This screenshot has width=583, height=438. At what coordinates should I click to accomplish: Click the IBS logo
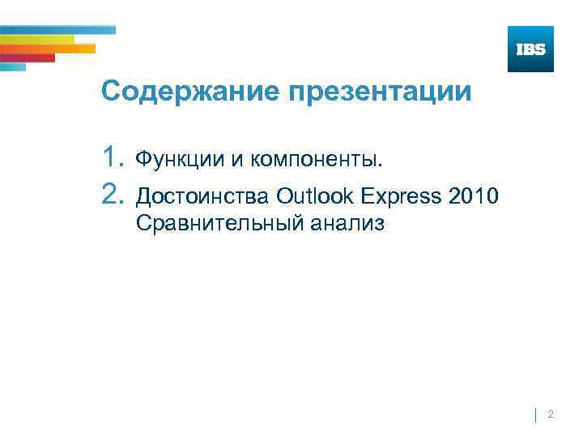[x=530, y=49]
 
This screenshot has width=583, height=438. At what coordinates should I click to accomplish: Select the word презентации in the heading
[x=378, y=92]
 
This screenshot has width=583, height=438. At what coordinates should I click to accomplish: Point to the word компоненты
[x=317, y=159]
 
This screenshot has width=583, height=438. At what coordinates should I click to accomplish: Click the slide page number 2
[x=551, y=414]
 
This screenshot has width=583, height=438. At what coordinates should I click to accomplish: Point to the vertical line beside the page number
[x=536, y=415]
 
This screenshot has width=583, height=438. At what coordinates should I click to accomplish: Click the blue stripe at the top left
[x=57, y=30]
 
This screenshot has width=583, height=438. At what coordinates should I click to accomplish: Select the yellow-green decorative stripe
[x=36, y=39]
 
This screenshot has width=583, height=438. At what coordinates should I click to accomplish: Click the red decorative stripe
[x=28, y=58]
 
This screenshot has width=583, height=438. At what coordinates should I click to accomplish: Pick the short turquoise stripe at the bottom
[x=13, y=67]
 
